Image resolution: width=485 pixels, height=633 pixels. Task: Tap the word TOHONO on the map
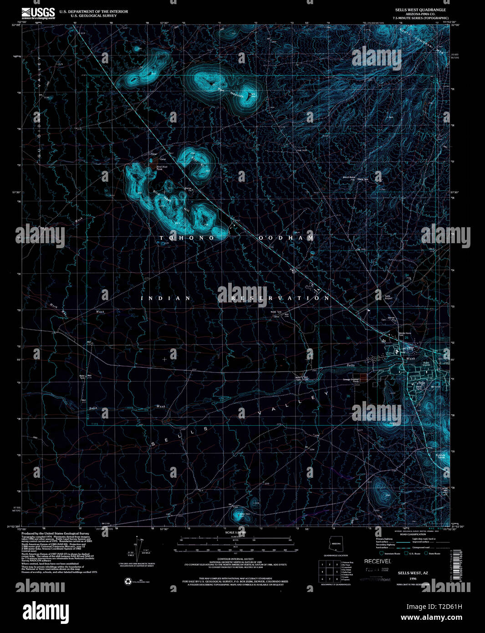point(186,238)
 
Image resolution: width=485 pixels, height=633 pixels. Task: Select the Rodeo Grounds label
point(426,364)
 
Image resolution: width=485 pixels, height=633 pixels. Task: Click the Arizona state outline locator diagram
point(336,545)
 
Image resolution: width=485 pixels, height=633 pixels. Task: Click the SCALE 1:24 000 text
point(235,532)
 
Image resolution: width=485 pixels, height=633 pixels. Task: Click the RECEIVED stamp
point(378,562)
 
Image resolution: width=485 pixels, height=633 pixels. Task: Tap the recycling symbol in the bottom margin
point(128,581)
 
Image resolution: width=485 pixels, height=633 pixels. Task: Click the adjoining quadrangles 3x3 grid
point(328,571)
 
